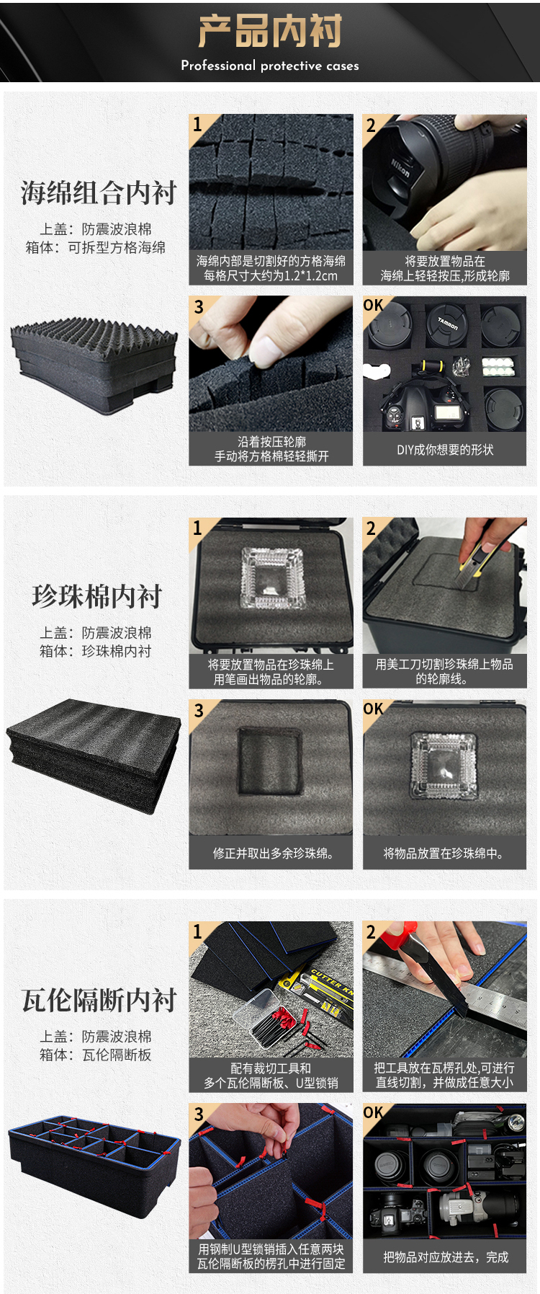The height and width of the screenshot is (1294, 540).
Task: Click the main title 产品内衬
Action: pos(270,31)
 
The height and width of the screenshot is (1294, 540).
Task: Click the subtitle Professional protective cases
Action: pos(270,66)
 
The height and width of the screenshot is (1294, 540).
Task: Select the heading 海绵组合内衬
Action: pos(99,192)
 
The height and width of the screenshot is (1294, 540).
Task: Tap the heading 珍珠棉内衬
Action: pos(97,596)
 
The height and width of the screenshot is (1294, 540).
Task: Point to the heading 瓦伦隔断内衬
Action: pos(99,1000)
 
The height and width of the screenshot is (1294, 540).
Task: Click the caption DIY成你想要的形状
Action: pos(445,449)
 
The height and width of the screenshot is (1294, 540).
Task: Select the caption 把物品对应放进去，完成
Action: pos(446,1257)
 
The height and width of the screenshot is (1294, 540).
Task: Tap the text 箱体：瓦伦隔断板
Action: pos(96,1055)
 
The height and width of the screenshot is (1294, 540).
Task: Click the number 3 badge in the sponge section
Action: pos(199,306)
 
